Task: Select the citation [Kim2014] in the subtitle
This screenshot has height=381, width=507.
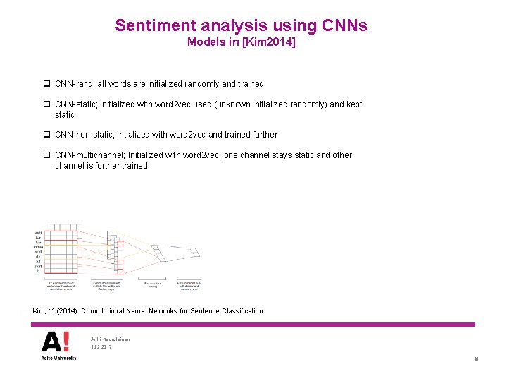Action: click(270, 43)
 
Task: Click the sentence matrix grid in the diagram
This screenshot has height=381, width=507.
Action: click(59, 250)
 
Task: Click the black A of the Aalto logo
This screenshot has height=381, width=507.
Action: click(51, 341)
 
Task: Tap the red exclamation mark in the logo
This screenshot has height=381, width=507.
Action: click(65, 341)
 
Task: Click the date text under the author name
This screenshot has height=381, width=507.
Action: click(101, 347)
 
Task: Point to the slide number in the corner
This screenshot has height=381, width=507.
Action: click(477, 359)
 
